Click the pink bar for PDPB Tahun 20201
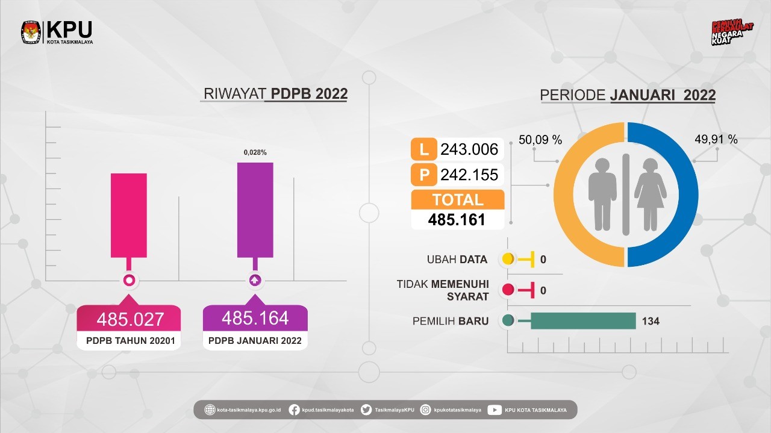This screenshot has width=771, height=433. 128,215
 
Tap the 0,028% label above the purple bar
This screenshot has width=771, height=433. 255,153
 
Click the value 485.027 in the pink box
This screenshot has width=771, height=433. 131,319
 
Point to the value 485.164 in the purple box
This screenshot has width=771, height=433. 255,317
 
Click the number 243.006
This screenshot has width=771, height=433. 469,149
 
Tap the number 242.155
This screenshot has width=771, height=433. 469,175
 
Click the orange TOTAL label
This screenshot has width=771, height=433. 457,199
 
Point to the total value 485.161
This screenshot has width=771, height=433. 457,220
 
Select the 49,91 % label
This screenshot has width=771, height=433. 716,140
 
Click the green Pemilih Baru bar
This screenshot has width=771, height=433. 582,321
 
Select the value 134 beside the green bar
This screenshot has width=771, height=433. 651,321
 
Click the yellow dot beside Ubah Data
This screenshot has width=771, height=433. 508,260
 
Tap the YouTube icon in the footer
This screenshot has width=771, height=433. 495,410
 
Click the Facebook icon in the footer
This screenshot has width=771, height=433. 295,410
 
